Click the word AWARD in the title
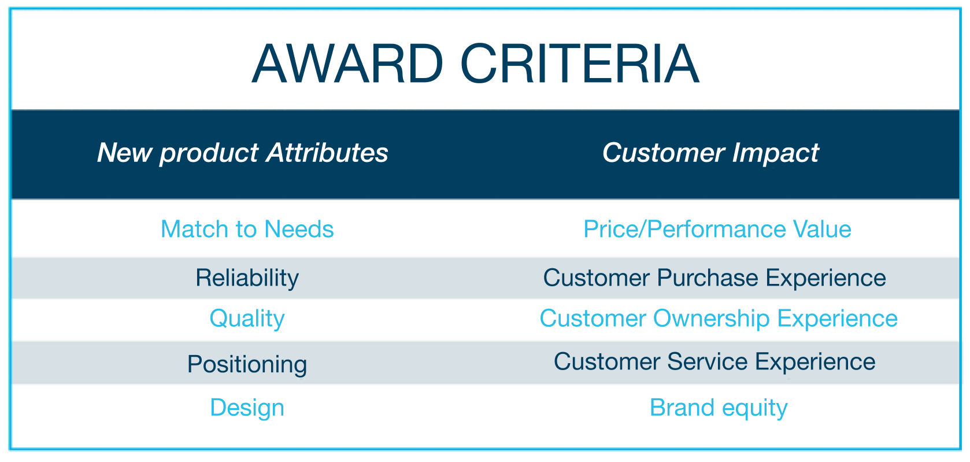click(x=348, y=64)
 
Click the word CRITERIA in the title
click(x=580, y=64)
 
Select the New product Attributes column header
click(x=243, y=153)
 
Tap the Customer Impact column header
click(x=710, y=153)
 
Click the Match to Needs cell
click(x=247, y=228)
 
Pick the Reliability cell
click(x=247, y=278)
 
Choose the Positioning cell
click(x=247, y=365)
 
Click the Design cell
click(x=247, y=408)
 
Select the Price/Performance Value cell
click(x=717, y=229)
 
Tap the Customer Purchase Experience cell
click(x=714, y=278)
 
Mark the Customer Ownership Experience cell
click(x=719, y=319)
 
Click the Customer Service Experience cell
click(x=714, y=361)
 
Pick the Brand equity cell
click(x=719, y=408)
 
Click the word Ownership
click(x=712, y=319)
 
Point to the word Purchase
click(x=708, y=278)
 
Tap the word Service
click(x=708, y=361)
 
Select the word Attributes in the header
click(x=327, y=153)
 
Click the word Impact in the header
click(x=775, y=153)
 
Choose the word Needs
click(x=299, y=228)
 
